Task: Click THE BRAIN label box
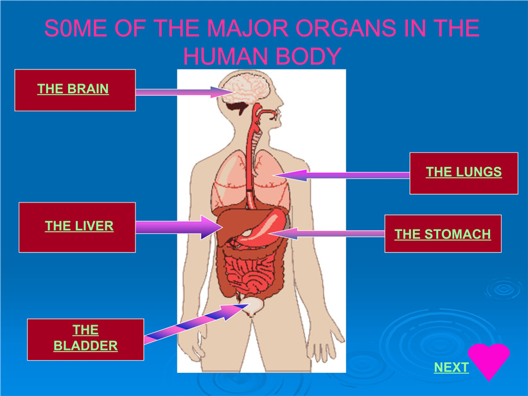pyautogui.click(x=75, y=90)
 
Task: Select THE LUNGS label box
pyautogui.click(x=464, y=173)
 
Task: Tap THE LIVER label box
pyautogui.click(x=77, y=227)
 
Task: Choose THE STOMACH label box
pyautogui.click(x=443, y=233)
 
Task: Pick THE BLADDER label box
pyautogui.click(x=85, y=339)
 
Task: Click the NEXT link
pyautogui.click(x=451, y=367)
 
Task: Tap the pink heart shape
pyautogui.click(x=489, y=359)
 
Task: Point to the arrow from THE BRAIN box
pyautogui.click(x=184, y=92)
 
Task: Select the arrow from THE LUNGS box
pyautogui.click(x=341, y=175)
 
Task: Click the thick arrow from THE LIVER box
pyautogui.click(x=179, y=227)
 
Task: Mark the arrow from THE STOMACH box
pyautogui.click(x=327, y=233)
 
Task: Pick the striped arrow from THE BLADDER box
pyautogui.click(x=197, y=323)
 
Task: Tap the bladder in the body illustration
pyautogui.click(x=253, y=307)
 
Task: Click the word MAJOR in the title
pyautogui.click(x=248, y=28)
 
